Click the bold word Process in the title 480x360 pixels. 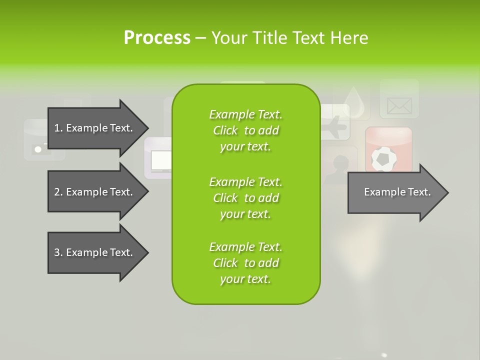157,38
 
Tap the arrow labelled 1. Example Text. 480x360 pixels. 95,128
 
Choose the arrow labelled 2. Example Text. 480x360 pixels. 95,192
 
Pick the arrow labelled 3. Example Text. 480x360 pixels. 95,252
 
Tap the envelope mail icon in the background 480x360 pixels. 399,105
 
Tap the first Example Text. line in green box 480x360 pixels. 245,114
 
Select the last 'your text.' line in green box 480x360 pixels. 245,279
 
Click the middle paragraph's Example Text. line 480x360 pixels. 245,182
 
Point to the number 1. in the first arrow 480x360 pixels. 58,128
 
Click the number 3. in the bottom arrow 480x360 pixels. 58,252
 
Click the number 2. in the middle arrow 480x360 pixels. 58,192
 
